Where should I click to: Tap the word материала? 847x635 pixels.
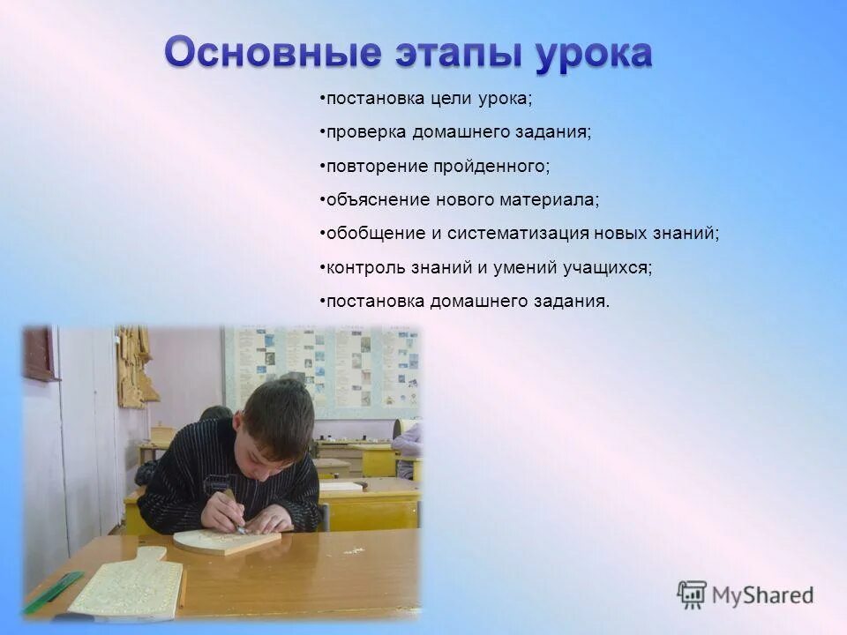[x=552, y=200]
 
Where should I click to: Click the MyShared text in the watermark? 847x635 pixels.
[x=762, y=595]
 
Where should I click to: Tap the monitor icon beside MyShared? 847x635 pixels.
[x=692, y=595]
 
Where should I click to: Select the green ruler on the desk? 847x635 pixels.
[x=53, y=592]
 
